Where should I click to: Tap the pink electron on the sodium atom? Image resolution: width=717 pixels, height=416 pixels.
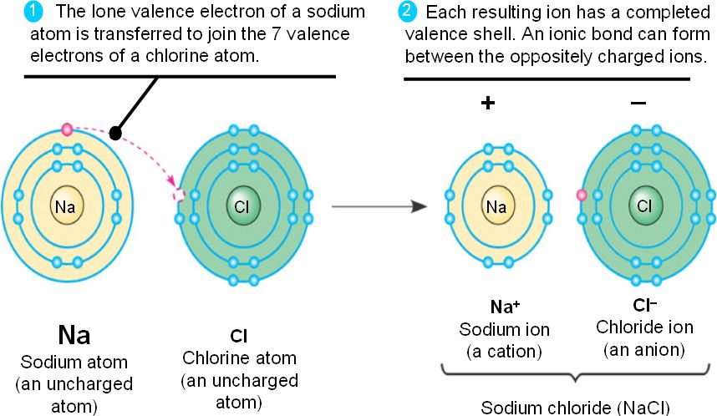pos(68,129)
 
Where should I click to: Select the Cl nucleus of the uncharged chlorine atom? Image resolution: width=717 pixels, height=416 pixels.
pos(241,205)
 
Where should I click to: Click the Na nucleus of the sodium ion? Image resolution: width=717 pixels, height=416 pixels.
pos(496,205)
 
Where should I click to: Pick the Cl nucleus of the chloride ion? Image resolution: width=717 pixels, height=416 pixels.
pos(643,205)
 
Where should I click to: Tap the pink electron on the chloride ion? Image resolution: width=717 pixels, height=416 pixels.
pos(582,195)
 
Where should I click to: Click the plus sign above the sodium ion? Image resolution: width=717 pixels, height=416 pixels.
pos(488,103)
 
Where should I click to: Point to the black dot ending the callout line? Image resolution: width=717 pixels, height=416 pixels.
pos(117,133)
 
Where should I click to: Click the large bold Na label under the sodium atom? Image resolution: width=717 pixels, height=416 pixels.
pos(74,335)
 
